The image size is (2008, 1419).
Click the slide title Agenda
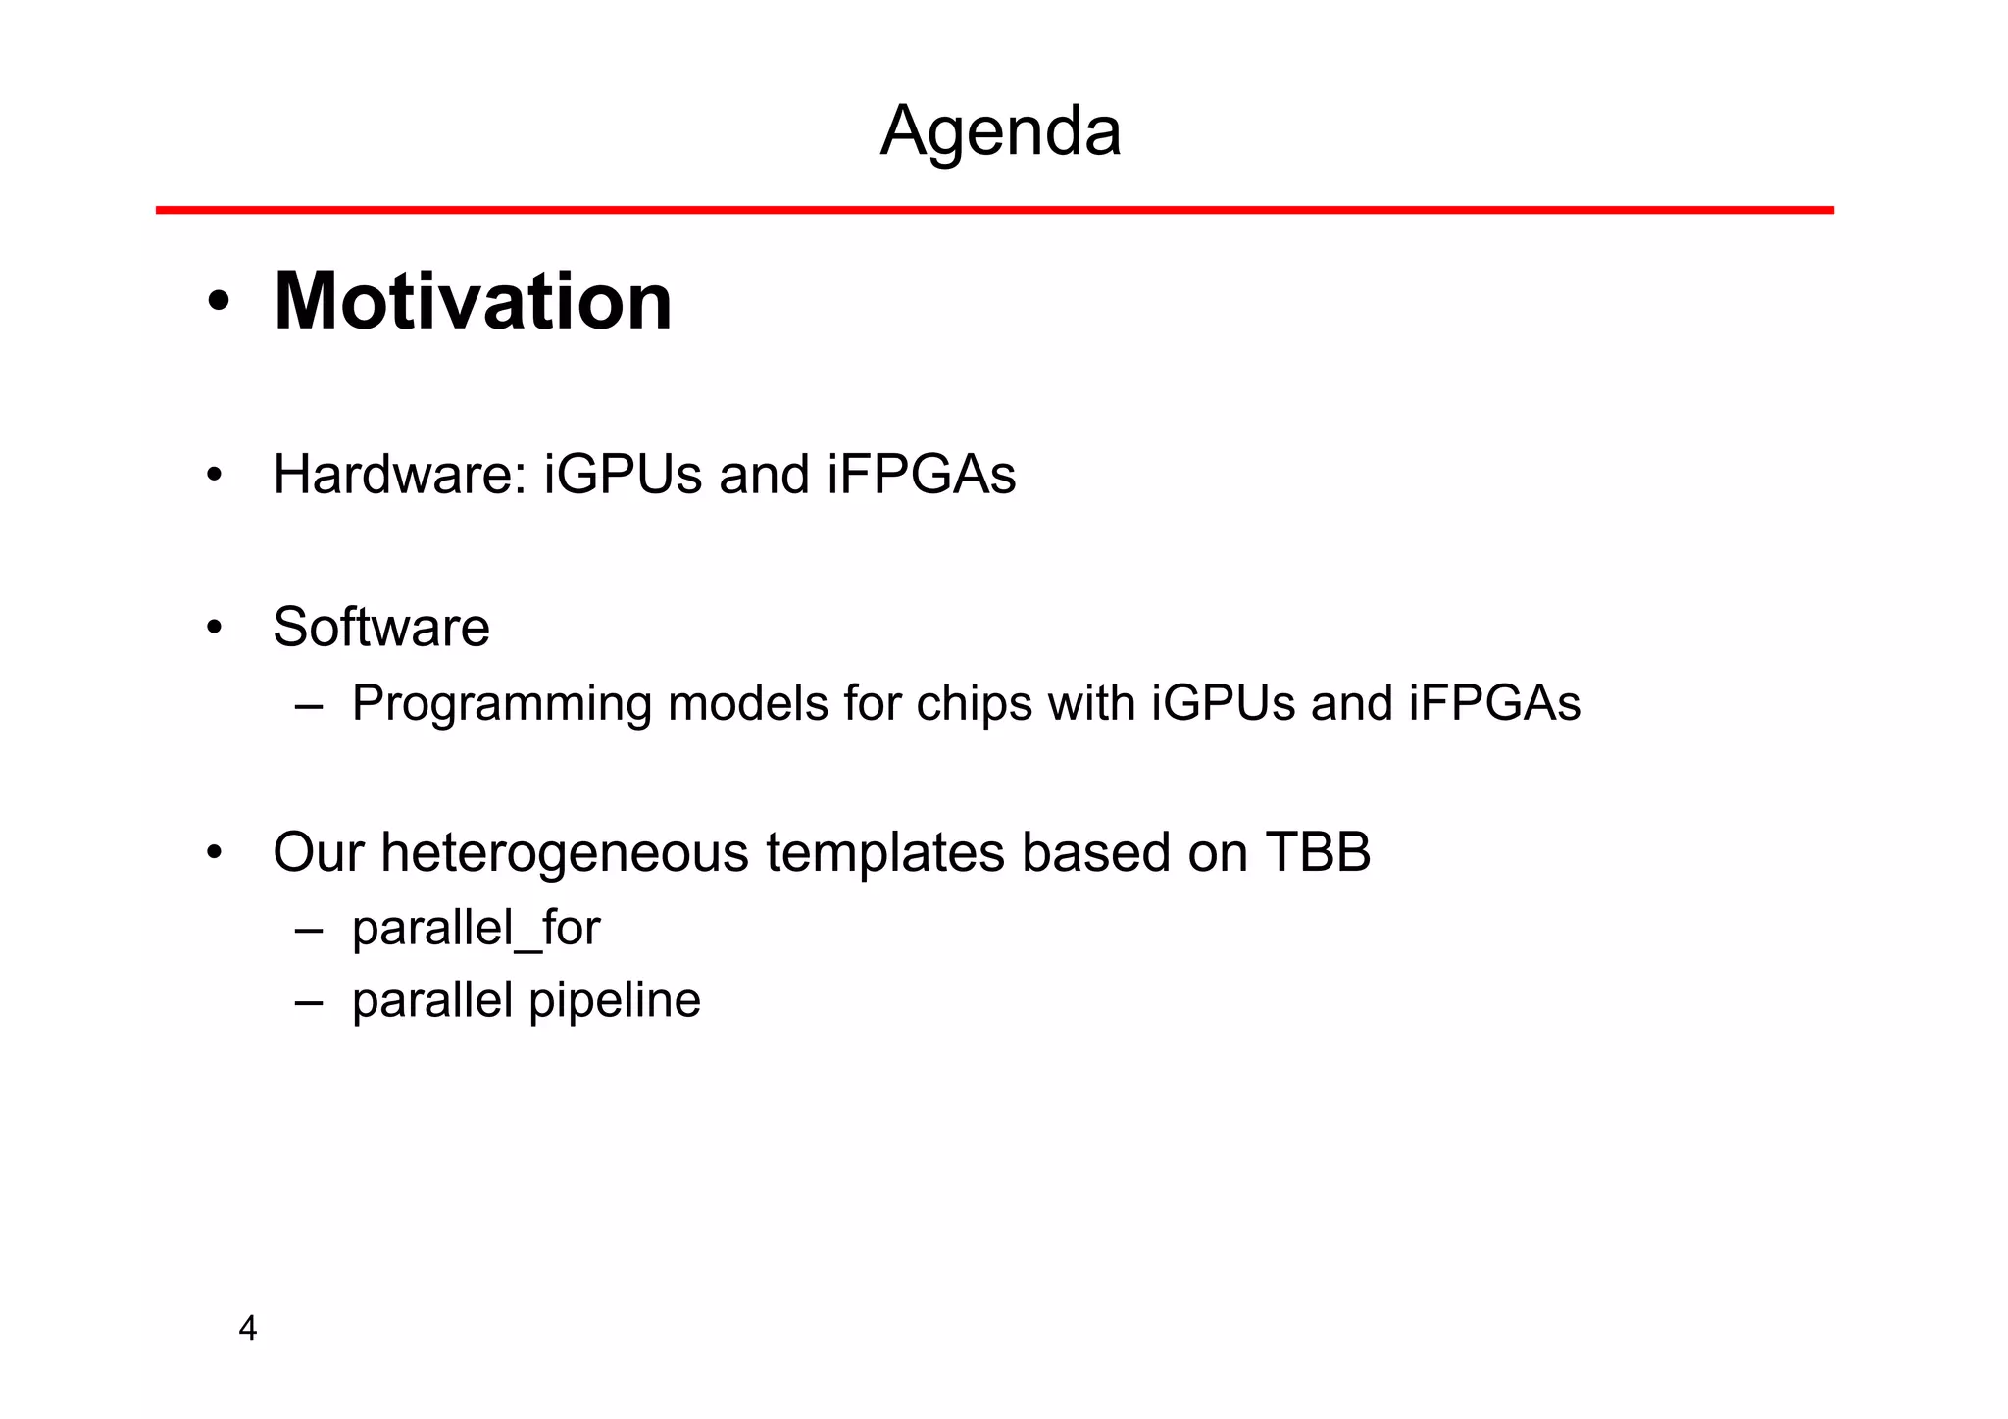point(1000,131)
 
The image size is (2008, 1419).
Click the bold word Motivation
point(473,301)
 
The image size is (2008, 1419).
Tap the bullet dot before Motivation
point(219,302)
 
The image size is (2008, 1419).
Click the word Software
point(381,628)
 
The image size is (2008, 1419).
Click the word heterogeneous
point(567,853)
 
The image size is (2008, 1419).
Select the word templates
point(885,853)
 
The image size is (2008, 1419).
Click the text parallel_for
point(476,929)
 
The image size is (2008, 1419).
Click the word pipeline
point(615,1001)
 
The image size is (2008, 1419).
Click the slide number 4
point(248,1329)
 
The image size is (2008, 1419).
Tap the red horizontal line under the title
point(994,210)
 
